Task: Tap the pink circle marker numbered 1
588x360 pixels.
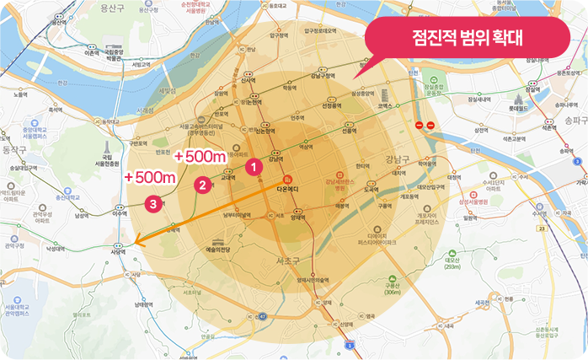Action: pos(250,169)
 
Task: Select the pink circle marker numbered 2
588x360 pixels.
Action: pos(201,185)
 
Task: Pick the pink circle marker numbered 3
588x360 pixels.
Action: pos(152,203)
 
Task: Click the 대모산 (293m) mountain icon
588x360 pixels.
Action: pos(452,260)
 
